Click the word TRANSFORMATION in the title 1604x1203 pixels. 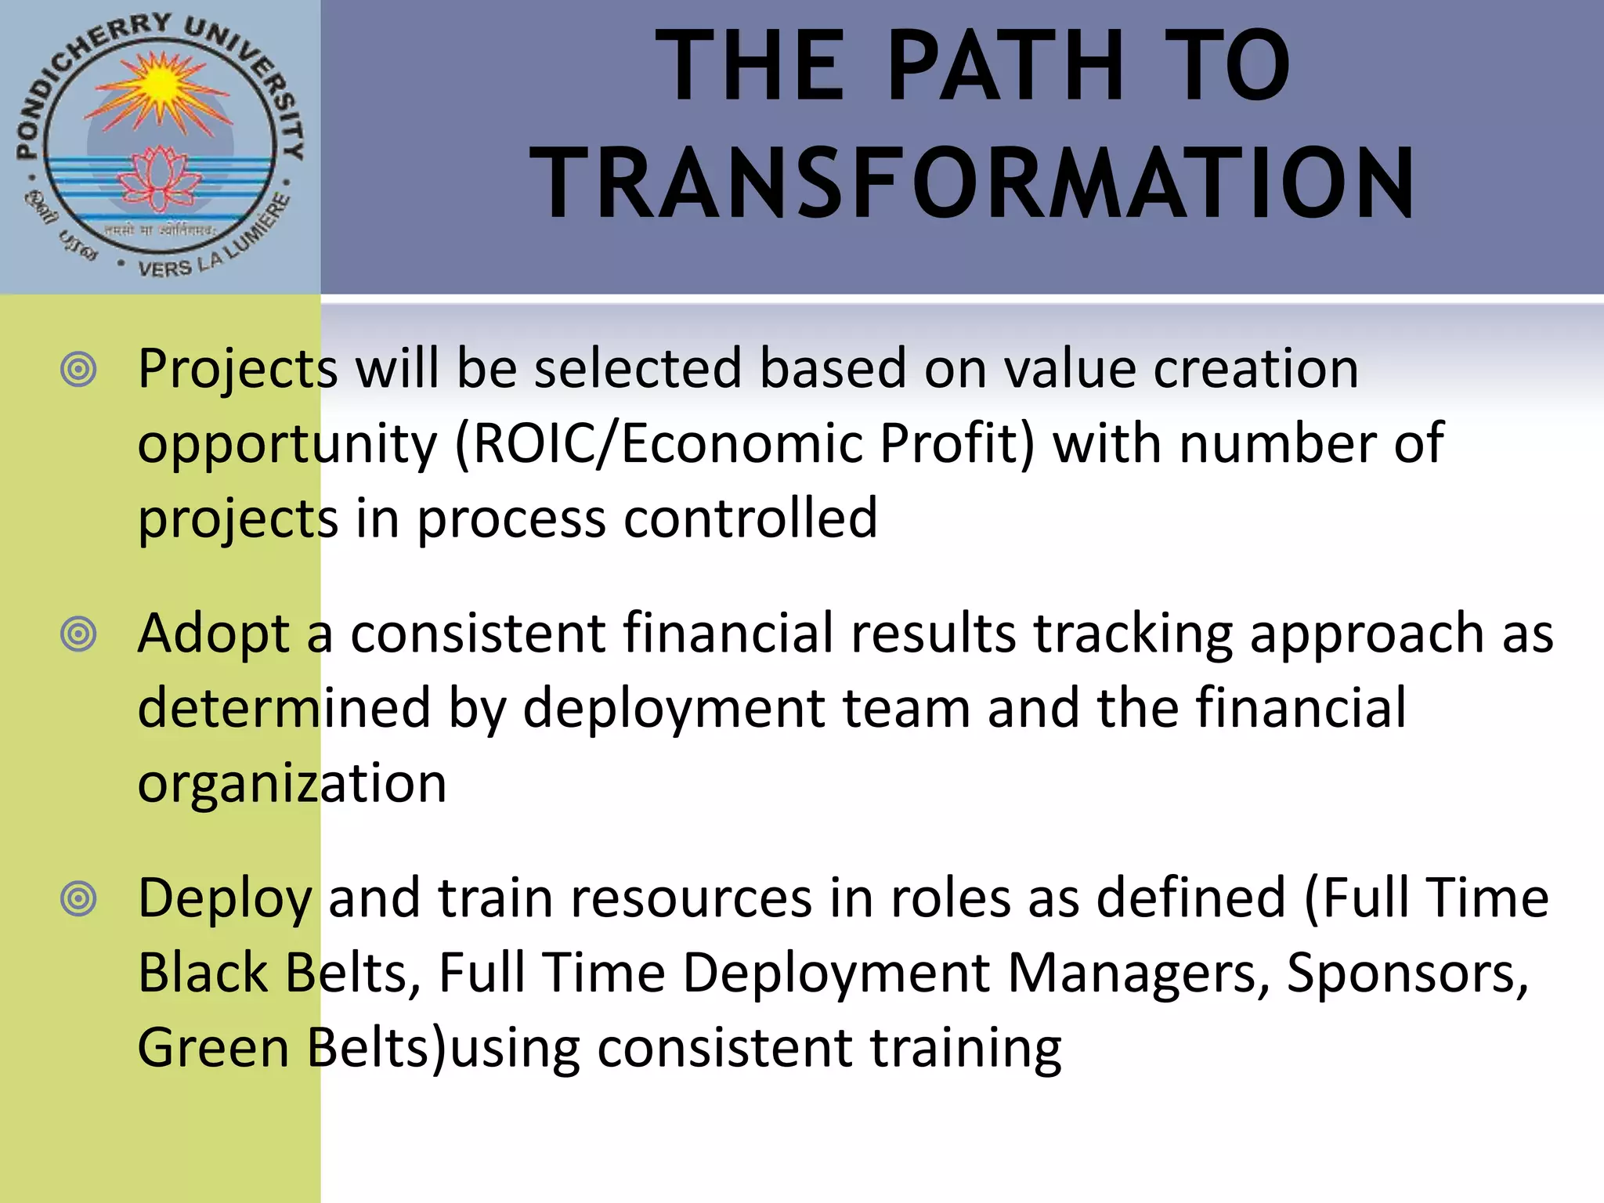(x=973, y=184)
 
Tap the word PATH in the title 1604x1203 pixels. (x=1006, y=67)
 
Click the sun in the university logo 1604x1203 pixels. (x=160, y=82)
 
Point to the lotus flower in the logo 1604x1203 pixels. (x=160, y=176)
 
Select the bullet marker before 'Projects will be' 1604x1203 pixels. (x=78, y=369)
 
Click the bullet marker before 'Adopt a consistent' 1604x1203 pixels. (x=78, y=634)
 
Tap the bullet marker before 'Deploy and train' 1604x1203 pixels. (x=78, y=898)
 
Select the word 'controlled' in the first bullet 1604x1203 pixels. (x=750, y=518)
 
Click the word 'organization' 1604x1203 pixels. (x=292, y=783)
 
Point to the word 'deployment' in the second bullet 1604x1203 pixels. (x=674, y=708)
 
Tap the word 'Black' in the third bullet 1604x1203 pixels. (x=203, y=973)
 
